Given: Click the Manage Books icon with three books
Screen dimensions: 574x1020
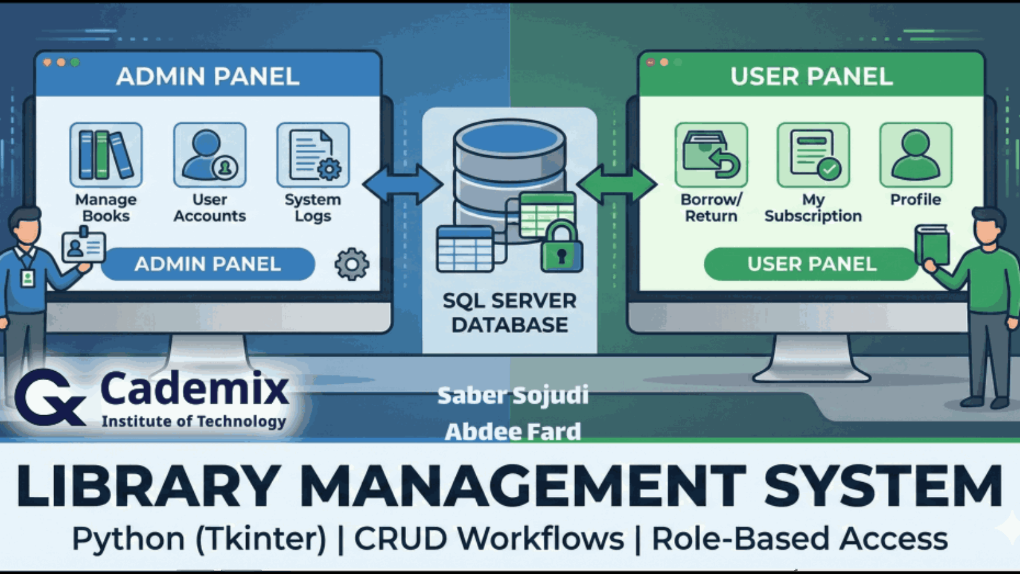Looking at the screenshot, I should coord(106,154).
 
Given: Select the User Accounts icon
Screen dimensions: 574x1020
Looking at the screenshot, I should coord(210,154).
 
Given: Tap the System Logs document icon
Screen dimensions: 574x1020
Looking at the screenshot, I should coord(313,154).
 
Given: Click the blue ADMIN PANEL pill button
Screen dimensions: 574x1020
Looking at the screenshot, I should coord(208,264).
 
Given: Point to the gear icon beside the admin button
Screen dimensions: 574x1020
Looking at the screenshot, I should coord(352,264).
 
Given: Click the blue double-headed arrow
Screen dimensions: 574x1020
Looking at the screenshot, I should coord(403,184).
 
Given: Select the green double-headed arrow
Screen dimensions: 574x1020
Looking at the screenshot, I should coord(616,184).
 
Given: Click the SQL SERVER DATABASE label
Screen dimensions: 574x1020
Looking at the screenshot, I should coord(509,313).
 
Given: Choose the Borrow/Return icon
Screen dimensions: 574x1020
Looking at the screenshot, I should coord(711,154).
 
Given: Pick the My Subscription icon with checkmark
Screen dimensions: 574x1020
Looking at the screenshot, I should coord(813,154).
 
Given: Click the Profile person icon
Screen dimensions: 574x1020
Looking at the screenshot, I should coord(915,154).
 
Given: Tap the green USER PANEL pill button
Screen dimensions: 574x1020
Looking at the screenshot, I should coord(811,264).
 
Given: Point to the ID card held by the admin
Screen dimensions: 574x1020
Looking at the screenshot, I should coord(84,246).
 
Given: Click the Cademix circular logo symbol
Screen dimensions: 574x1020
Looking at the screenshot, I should coord(50,397).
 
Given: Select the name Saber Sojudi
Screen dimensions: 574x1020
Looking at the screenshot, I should coord(513,395).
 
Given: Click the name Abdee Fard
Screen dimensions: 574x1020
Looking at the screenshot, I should coord(513,432).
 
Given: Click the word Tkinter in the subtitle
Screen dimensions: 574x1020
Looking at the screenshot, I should coord(261,539).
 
